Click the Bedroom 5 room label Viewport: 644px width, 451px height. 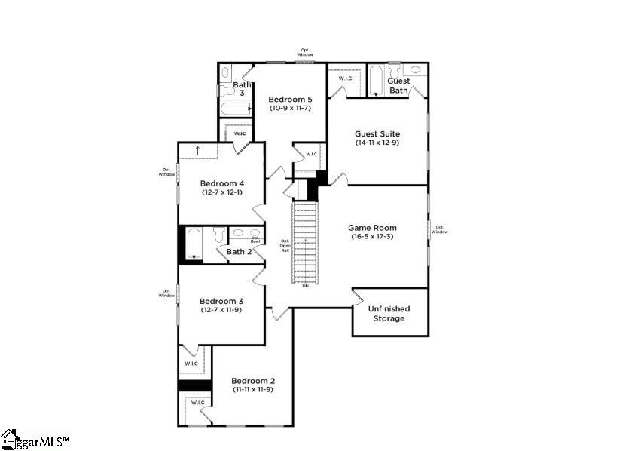pos(290,99)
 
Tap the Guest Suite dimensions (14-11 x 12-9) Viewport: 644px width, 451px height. pos(377,143)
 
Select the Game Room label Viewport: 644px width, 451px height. pos(372,227)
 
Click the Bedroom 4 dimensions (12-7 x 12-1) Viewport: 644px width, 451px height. pos(222,192)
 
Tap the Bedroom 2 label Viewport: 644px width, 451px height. pos(253,380)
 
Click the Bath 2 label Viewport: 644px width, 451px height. pos(240,252)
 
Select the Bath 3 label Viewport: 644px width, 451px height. pos(241,89)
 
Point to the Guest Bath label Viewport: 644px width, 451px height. pos(398,85)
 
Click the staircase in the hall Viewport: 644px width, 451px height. pos(305,241)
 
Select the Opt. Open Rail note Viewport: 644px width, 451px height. pos(285,245)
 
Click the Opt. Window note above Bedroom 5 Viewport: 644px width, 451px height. pos(304,53)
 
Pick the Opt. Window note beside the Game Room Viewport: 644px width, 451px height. pos(441,229)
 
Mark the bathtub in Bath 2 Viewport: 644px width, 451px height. pos(194,244)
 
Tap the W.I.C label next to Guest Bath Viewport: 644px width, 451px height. pos(346,78)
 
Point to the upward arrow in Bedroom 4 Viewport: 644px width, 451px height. pos(197,150)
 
